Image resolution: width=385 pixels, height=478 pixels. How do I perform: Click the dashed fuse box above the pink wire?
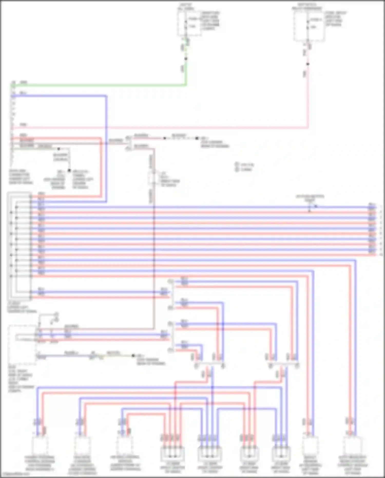309,26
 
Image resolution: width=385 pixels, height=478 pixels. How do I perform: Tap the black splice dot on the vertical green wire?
186,59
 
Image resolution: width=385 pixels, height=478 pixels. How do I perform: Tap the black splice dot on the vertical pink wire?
308,64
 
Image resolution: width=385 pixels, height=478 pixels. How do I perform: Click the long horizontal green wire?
103,85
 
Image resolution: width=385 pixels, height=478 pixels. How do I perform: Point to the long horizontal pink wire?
180,127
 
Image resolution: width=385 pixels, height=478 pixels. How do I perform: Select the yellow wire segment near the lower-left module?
113,356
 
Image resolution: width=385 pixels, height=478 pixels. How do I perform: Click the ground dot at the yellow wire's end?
133,356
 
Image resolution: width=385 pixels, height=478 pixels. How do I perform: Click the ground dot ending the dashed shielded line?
197,138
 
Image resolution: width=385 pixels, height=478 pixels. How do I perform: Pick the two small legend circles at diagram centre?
237,167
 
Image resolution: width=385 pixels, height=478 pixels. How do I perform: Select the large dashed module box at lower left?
22,344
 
